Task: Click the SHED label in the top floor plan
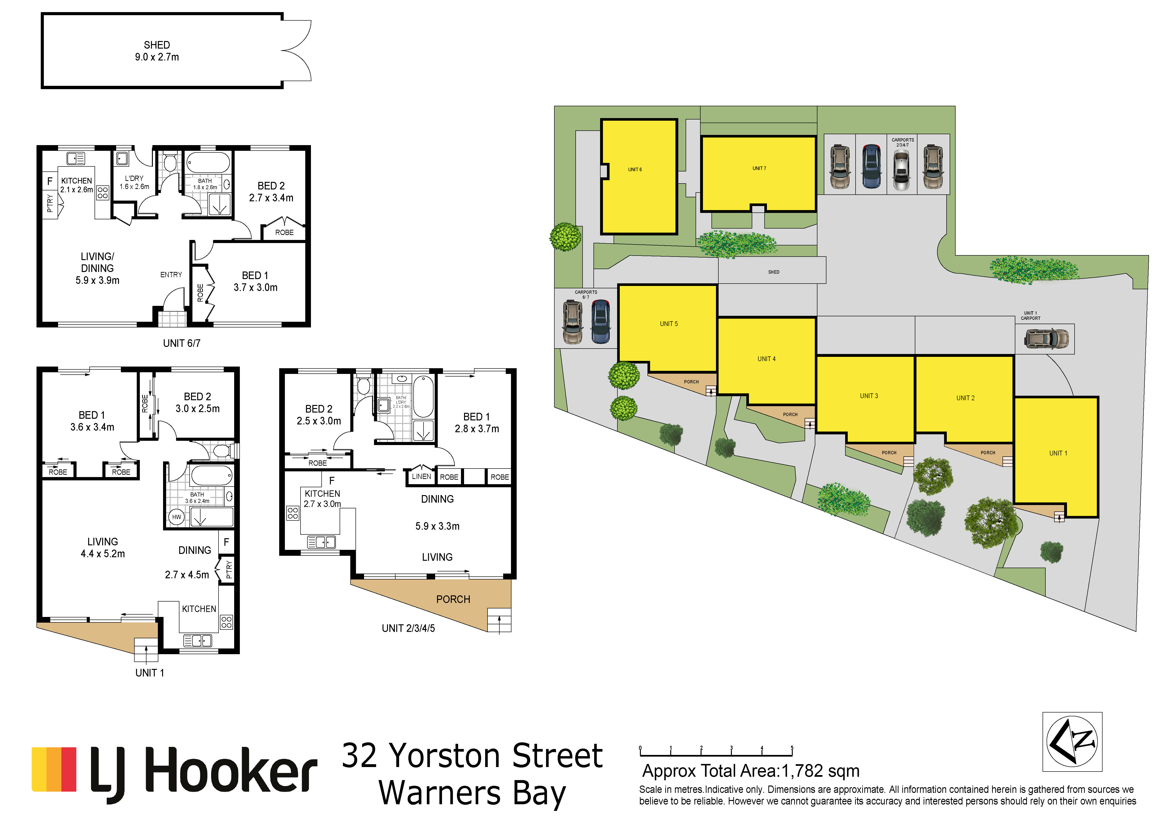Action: click(x=157, y=45)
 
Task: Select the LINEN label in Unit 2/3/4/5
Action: click(x=422, y=476)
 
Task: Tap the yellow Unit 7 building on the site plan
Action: click(x=759, y=174)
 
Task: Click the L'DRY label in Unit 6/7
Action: click(x=134, y=178)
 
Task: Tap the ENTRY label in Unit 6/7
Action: click(x=171, y=275)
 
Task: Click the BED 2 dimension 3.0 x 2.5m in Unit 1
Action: click(x=198, y=409)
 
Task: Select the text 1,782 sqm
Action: click(x=820, y=771)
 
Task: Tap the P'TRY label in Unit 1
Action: click(x=228, y=569)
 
